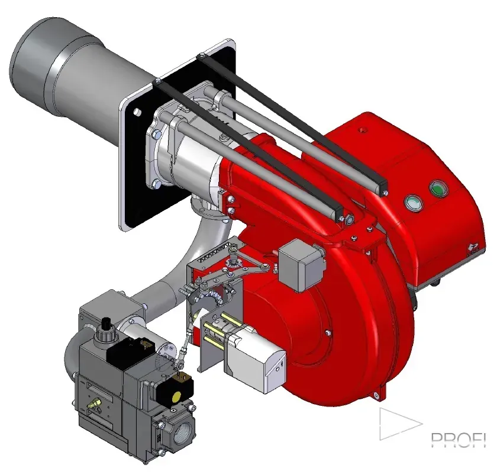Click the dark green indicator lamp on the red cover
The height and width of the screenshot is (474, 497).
click(x=438, y=189)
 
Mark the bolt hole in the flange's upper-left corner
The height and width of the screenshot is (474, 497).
click(x=136, y=111)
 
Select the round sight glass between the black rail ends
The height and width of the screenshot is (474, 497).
click(x=348, y=220)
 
